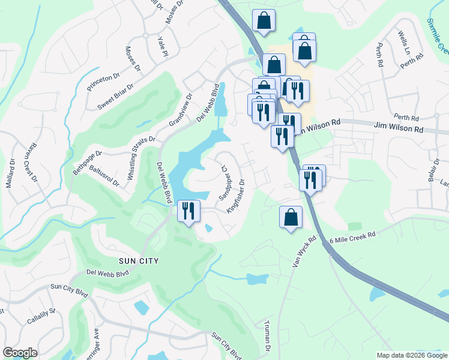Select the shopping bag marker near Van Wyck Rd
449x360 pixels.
pyautogui.click(x=291, y=217)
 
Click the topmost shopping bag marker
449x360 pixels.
pyautogui.click(x=264, y=21)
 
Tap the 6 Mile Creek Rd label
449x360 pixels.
pyautogui.click(x=352, y=238)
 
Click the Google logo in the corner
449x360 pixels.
pyautogui.click(x=20, y=353)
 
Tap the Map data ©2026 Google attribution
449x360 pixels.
pyautogui.click(x=412, y=355)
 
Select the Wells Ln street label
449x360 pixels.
pyautogui.click(x=403, y=43)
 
